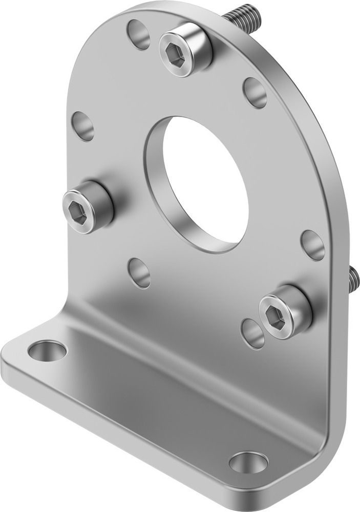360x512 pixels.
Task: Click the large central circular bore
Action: [202, 182]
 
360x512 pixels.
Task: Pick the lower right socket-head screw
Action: [285, 312]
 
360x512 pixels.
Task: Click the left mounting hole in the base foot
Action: [47, 351]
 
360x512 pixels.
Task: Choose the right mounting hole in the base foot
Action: [248, 462]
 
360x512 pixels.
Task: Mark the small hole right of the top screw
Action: [255, 93]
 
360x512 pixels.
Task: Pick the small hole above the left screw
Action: [83, 125]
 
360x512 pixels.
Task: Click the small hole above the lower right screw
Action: [312, 245]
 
